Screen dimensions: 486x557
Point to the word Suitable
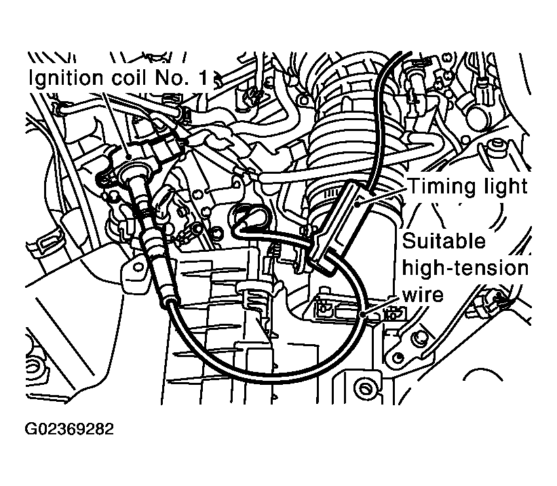tap(444, 241)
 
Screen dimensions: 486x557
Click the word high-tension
tap(465, 268)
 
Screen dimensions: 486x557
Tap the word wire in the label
tap(423, 295)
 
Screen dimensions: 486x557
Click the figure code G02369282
tap(70, 430)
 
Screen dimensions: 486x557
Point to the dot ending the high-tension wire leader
tap(364, 316)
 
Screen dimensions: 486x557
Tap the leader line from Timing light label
tap(383, 191)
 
